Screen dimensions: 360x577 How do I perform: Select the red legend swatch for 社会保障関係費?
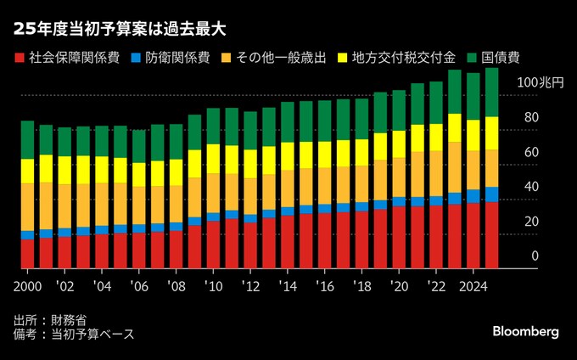click(19, 57)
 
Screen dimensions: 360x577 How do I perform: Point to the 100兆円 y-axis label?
click(540, 82)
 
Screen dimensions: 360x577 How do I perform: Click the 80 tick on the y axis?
click(531, 117)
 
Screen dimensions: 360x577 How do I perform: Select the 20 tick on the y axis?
click(531, 222)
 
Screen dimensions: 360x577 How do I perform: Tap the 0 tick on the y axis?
click(535, 256)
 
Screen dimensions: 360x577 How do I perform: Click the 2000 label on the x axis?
click(28, 284)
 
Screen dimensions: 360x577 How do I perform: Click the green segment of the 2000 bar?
click(28, 139)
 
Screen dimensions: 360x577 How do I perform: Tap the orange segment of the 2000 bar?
click(28, 206)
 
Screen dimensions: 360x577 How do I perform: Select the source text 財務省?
click(69, 320)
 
